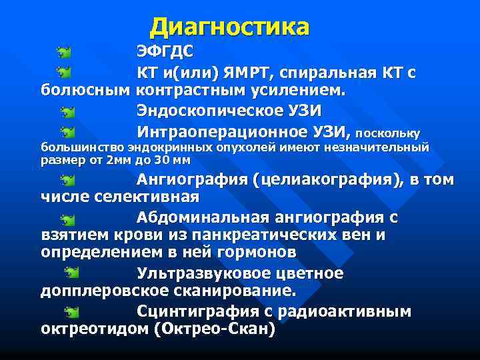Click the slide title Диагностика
[x=230, y=27]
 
